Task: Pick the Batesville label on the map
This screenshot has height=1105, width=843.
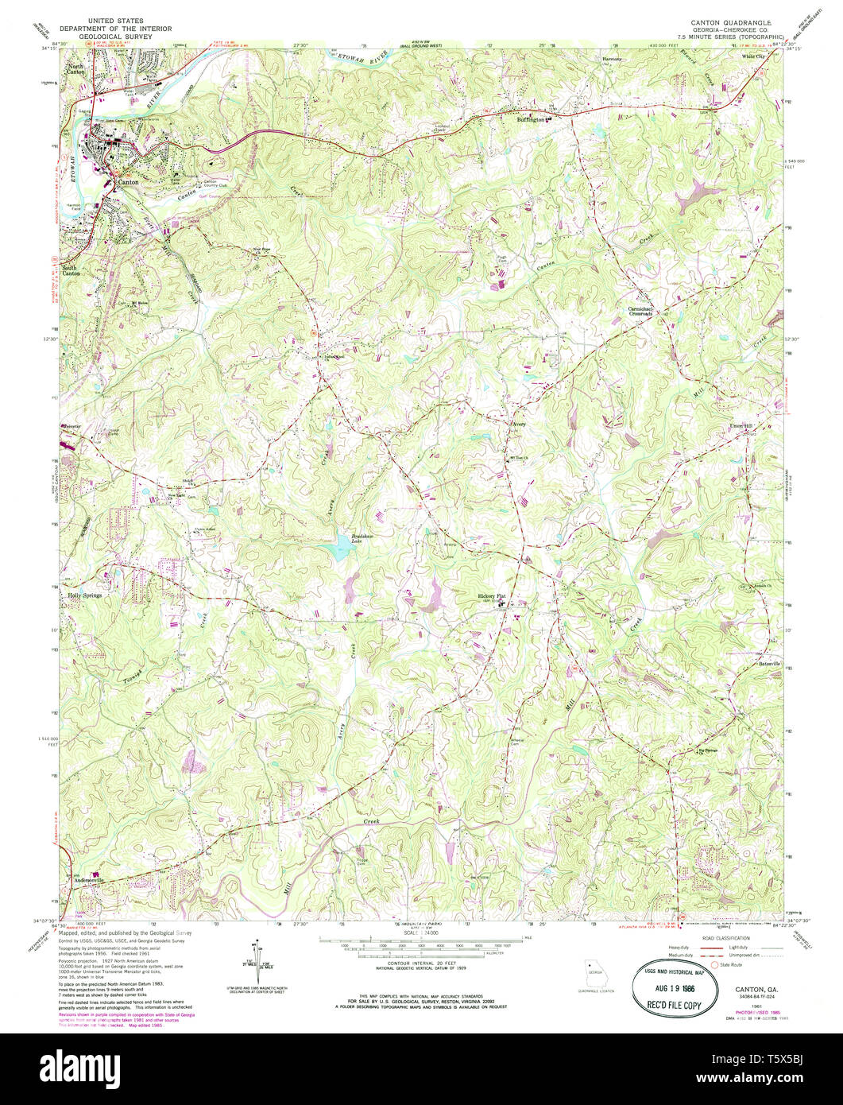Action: pos(767,663)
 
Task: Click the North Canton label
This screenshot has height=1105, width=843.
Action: pos(76,70)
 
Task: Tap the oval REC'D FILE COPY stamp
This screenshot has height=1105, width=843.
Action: pos(668,982)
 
